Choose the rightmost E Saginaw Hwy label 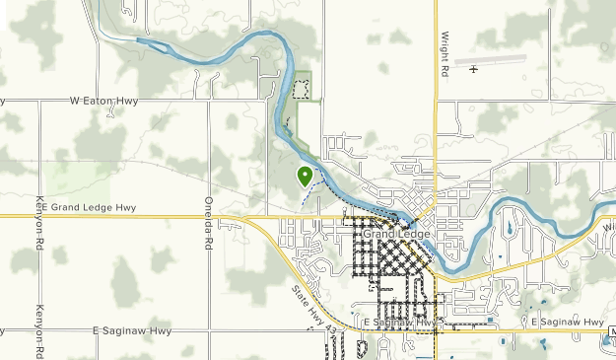tap(567, 323)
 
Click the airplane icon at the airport tap(474, 69)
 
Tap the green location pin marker tap(305, 176)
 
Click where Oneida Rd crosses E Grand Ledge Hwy tap(208, 215)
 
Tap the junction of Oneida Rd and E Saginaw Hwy tap(208, 331)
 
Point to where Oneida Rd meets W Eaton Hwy tap(208, 100)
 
